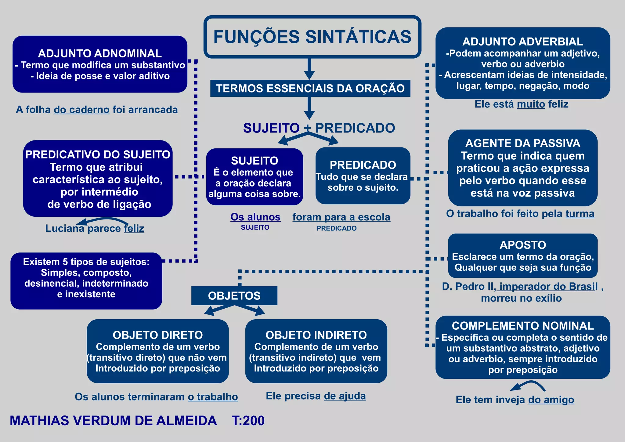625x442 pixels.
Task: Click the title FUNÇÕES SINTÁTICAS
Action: click(x=312, y=37)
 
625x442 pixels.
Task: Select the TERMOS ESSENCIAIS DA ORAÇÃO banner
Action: click(x=310, y=89)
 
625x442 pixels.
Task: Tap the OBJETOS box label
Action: click(x=234, y=296)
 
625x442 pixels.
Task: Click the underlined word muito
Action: click(x=531, y=104)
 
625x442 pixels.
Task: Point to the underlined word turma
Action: click(x=580, y=214)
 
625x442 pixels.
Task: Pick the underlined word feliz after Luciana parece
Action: click(x=134, y=228)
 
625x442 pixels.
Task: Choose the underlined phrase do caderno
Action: click(x=81, y=110)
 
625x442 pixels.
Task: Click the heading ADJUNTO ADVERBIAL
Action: click(x=522, y=42)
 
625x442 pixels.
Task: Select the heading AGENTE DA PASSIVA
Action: click(x=522, y=143)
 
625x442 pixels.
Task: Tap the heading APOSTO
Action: click(x=522, y=245)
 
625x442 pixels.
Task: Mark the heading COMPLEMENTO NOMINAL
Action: click(x=522, y=326)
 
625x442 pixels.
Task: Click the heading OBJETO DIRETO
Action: click(x=157, y=335)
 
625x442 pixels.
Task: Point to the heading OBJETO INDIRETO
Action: click(x=316, y=335)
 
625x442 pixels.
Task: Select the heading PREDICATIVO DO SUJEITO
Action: click(x=98, y=154)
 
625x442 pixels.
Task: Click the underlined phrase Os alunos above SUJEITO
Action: click(x=255, y=217)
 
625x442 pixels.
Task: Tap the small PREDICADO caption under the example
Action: click(x=336, y=228)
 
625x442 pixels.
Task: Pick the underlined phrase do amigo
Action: click(x=551, y=400)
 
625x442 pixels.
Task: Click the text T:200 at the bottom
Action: click(x=248, y=421)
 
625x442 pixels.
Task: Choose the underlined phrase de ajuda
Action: click(x=345, y=396)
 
